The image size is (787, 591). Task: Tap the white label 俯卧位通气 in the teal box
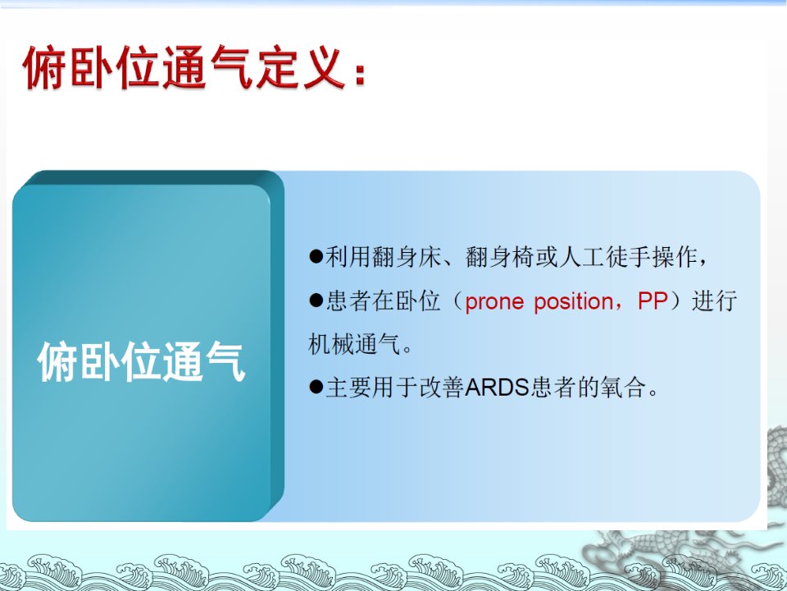point(141,361)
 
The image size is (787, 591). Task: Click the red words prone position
point(539,302)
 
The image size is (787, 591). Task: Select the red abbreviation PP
point(653,301)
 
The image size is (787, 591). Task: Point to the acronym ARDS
point(497,387)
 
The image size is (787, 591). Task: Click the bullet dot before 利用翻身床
point(316,256)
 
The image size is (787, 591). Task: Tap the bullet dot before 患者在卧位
point(316,300)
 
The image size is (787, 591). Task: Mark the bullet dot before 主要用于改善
point(316,387)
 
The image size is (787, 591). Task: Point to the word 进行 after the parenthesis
point(714,301)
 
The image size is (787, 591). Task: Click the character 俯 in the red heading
point(44,67)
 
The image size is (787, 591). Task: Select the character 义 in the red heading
point(325,67)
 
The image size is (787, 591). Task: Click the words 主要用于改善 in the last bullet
point(395,387)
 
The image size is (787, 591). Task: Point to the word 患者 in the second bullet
point(349,301)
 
